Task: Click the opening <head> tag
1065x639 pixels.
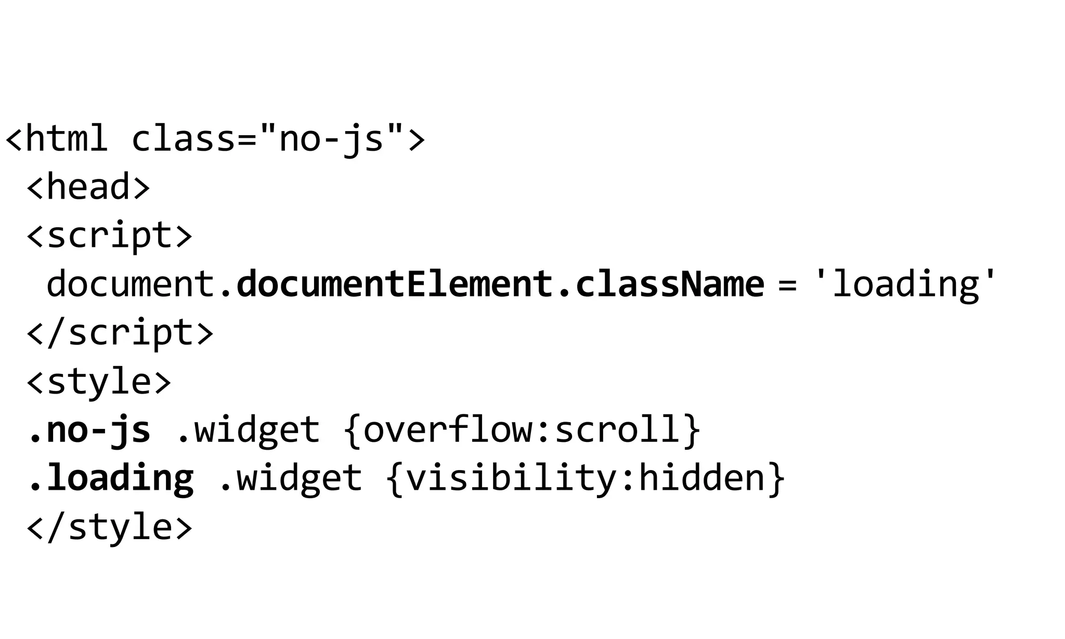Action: click(x=88, y=187)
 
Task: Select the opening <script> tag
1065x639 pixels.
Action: click(x=109, y=236)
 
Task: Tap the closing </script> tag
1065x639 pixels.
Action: click(x=120, y=333)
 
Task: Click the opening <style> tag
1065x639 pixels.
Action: click(x=99, y=381)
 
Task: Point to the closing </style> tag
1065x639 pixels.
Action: click(x=109, y=527)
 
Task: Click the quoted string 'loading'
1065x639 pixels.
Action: click(x=905, y=284)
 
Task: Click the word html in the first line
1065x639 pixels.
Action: click(x=67, y=139)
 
